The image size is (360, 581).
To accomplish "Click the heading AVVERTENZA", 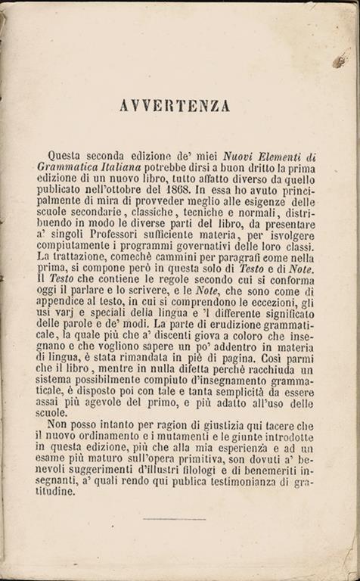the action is coord(175,106).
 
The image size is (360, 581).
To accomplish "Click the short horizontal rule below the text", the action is coord(174,519).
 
